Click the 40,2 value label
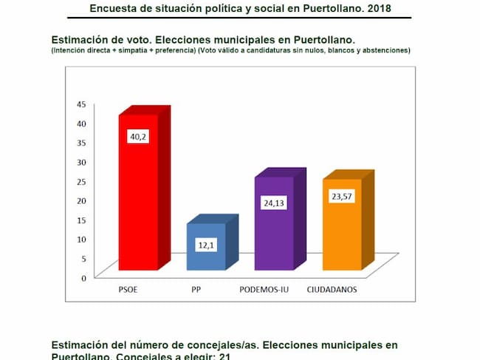tap(138, 137)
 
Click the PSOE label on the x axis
tap(128, 290)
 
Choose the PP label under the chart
tap(196, 290)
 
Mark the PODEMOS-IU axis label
tap(264, 290)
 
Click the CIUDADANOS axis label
tap(332, 290)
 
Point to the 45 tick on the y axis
tap(81, 104)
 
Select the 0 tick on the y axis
tap(83, 278)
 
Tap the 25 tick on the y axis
tap(81, 181)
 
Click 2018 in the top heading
tap(378, 9)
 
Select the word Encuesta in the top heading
tap(113, 9)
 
